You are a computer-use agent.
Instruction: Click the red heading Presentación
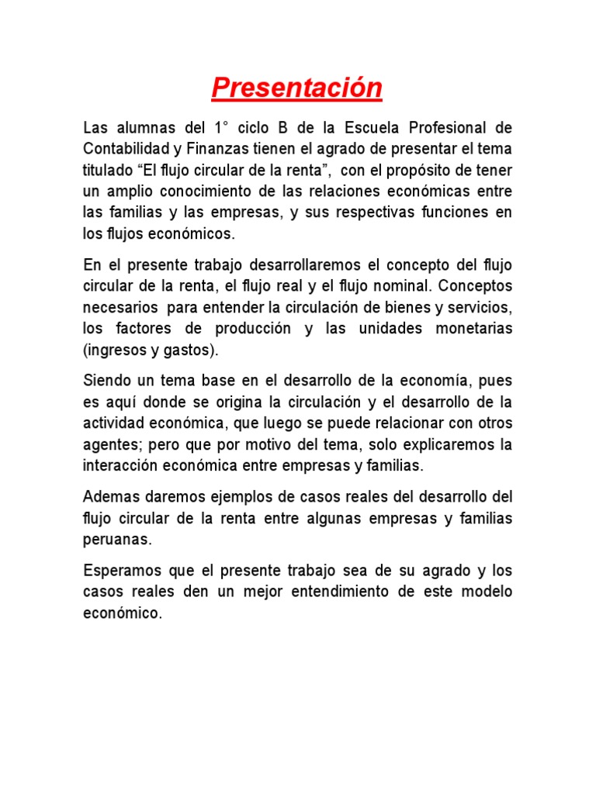coord(297,88)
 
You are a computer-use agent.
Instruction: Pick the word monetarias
coord(474,329)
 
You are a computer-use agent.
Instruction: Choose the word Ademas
coord(109,496)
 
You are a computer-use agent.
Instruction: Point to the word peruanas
coord(114,538)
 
